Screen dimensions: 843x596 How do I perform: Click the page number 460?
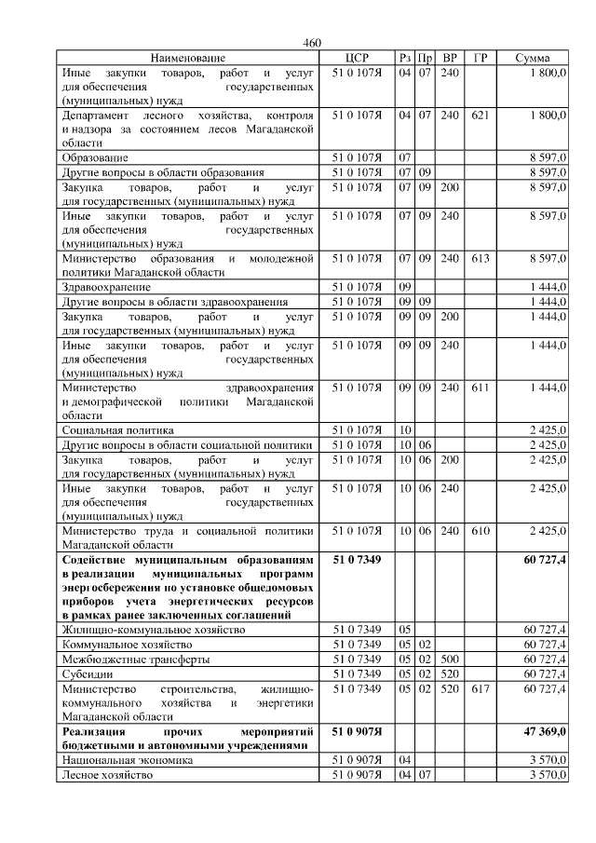(312, 44)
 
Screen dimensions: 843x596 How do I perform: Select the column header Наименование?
(187, 58)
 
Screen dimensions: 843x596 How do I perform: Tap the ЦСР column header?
(358, 58)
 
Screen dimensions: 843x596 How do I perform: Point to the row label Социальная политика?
(117, 430)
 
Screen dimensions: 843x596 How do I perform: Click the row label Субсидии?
(87, 673)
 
